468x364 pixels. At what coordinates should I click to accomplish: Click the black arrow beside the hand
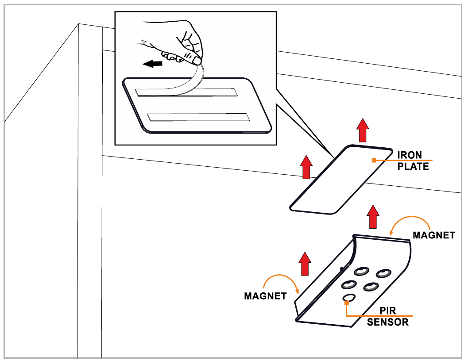click(152, 64)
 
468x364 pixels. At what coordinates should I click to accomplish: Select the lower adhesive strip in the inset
click(198, 117)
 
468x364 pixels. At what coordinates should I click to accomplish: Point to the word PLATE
click(413, 166)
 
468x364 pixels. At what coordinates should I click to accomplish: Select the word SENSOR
click(388, 322)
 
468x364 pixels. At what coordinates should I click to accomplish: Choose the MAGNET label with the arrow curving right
click(265, 296)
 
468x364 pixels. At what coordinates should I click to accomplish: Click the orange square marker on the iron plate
click(374, 160)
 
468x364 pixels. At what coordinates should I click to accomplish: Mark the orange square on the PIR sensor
click(347, 302)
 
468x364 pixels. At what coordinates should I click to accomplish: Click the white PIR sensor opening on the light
click(349, 298)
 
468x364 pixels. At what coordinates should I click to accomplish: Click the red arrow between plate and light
click(373, 216)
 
